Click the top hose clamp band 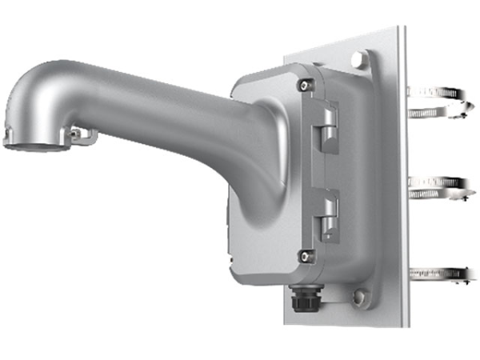coord(438,102)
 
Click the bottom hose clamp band coord(438,274)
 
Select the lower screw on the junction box coord(305,257)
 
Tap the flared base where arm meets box coord(256,144)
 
